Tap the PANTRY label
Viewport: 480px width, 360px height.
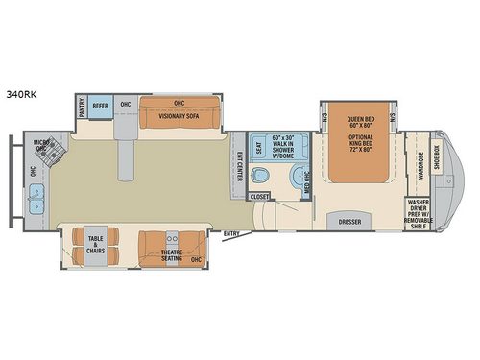click(82, 108)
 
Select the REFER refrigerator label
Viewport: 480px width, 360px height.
click(100, 105)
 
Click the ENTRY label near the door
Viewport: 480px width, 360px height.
click(231, 233)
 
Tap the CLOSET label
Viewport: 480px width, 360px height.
click(259, 196)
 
